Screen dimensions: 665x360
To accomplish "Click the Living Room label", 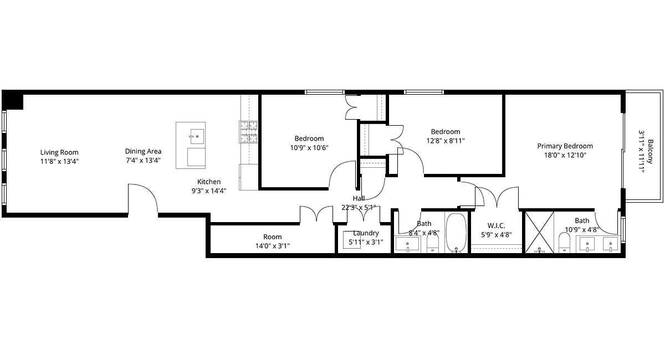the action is tap(59, 152).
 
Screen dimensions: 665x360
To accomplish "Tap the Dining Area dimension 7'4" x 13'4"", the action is tap(143, 161).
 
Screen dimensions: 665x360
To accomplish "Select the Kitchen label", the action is tap(209, 182).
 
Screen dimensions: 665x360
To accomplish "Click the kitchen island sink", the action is tap(197, 136).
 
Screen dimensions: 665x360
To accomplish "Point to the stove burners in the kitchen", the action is tap(249, 132).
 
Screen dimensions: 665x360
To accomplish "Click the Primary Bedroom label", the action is tap(565, 146).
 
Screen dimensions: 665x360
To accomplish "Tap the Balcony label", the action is tap(651, 151).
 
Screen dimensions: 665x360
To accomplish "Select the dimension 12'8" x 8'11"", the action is tap(446, 141).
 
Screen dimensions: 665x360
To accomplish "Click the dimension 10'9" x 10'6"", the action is tap(309, 147).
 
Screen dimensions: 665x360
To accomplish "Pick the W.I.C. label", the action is tap(496, 226).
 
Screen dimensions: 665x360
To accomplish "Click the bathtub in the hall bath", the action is tap(456, 233).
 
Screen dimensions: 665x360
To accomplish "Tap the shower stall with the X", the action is tap(539, 232).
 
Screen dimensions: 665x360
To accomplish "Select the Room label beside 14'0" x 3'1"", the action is tap(273, 237).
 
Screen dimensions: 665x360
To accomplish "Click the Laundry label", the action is tap(366, 233).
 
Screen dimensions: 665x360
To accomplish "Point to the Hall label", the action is tap(359, 198).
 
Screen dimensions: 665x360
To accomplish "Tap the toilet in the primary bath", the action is tap(564, 243).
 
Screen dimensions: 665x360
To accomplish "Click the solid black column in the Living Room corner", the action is tap(13, 100).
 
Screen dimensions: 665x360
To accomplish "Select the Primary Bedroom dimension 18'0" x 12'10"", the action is tap(565, 155).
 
